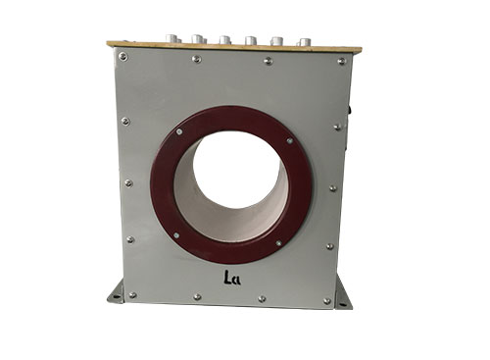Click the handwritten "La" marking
(232, 278)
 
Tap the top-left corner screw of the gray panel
(123, 57)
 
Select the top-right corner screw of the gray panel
(342, 61)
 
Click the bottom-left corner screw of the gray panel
(132, 295)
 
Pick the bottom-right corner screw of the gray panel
(326, 301)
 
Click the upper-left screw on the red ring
(179, 131)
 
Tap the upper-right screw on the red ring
(289, 141)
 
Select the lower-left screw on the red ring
(176, 235)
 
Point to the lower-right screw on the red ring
(278, 243)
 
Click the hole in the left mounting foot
(116, 296)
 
